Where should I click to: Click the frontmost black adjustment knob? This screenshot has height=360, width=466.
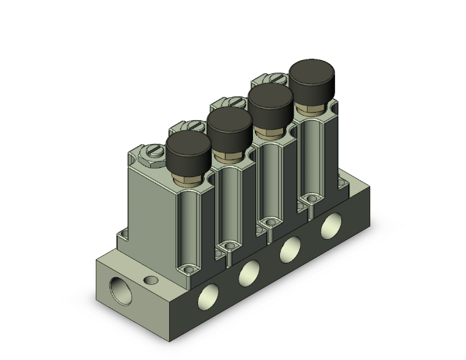189,152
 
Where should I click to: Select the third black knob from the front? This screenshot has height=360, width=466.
271,103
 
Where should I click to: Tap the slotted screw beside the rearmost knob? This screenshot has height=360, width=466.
276,78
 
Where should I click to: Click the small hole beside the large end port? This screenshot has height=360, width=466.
150,280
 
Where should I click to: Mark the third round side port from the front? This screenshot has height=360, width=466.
289,249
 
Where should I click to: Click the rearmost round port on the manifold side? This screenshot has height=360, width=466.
330,225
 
